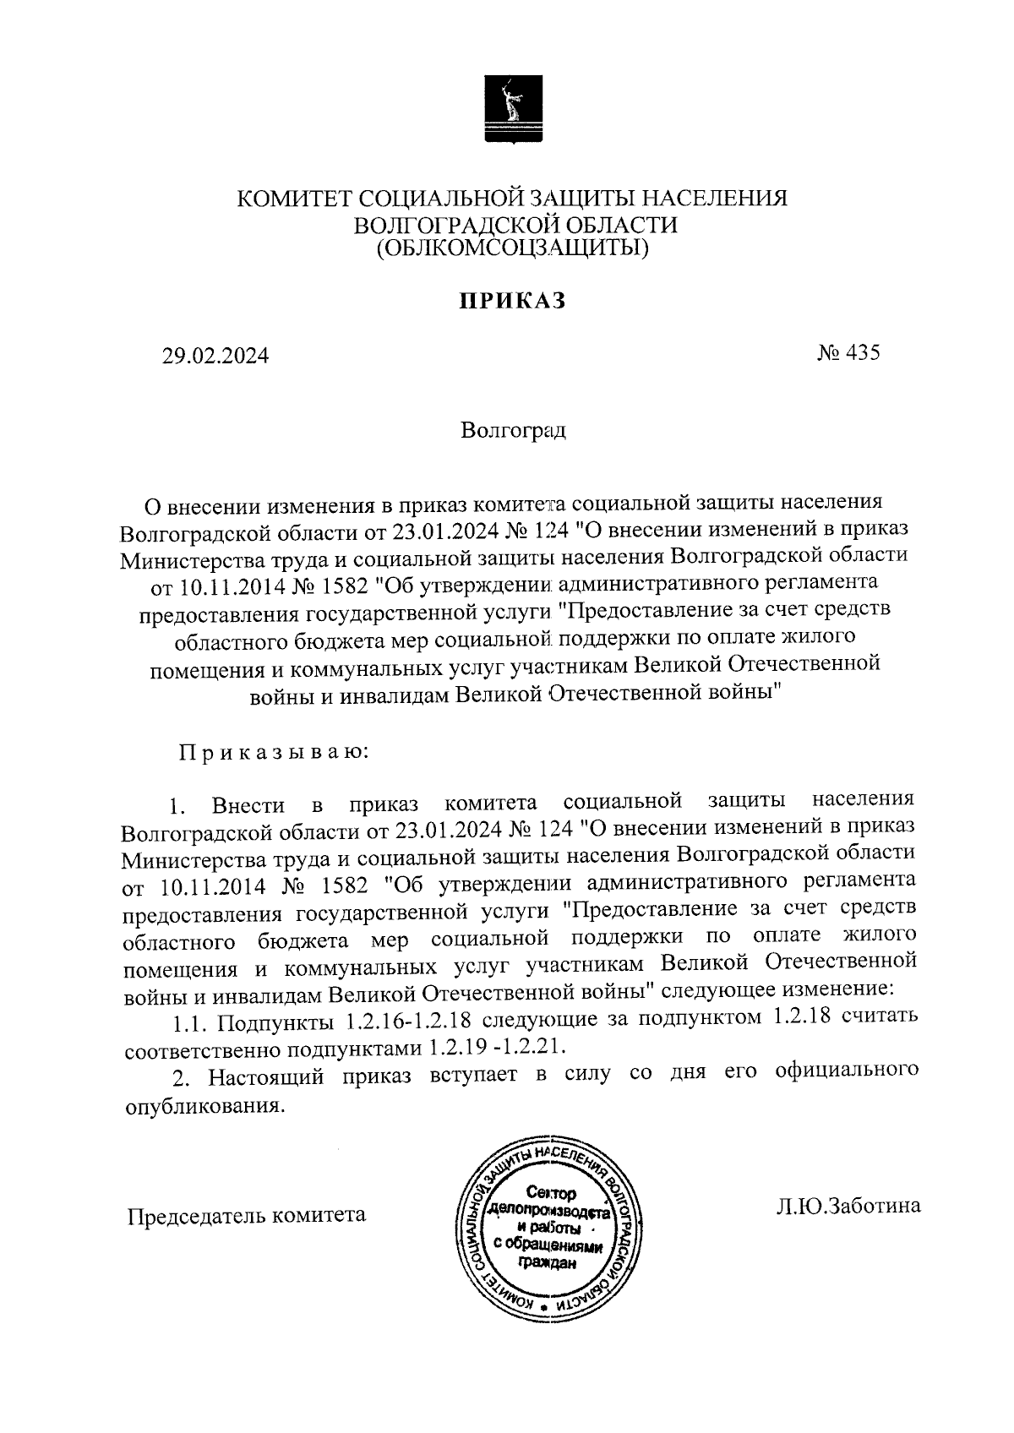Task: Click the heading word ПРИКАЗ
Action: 511,301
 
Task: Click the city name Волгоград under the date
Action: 513,430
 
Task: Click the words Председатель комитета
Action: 246,1215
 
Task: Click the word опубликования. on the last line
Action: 201,1105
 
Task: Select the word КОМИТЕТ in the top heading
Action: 293,199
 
